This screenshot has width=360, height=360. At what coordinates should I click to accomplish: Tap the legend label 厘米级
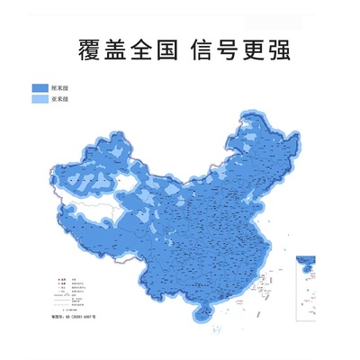coord(60,88)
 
